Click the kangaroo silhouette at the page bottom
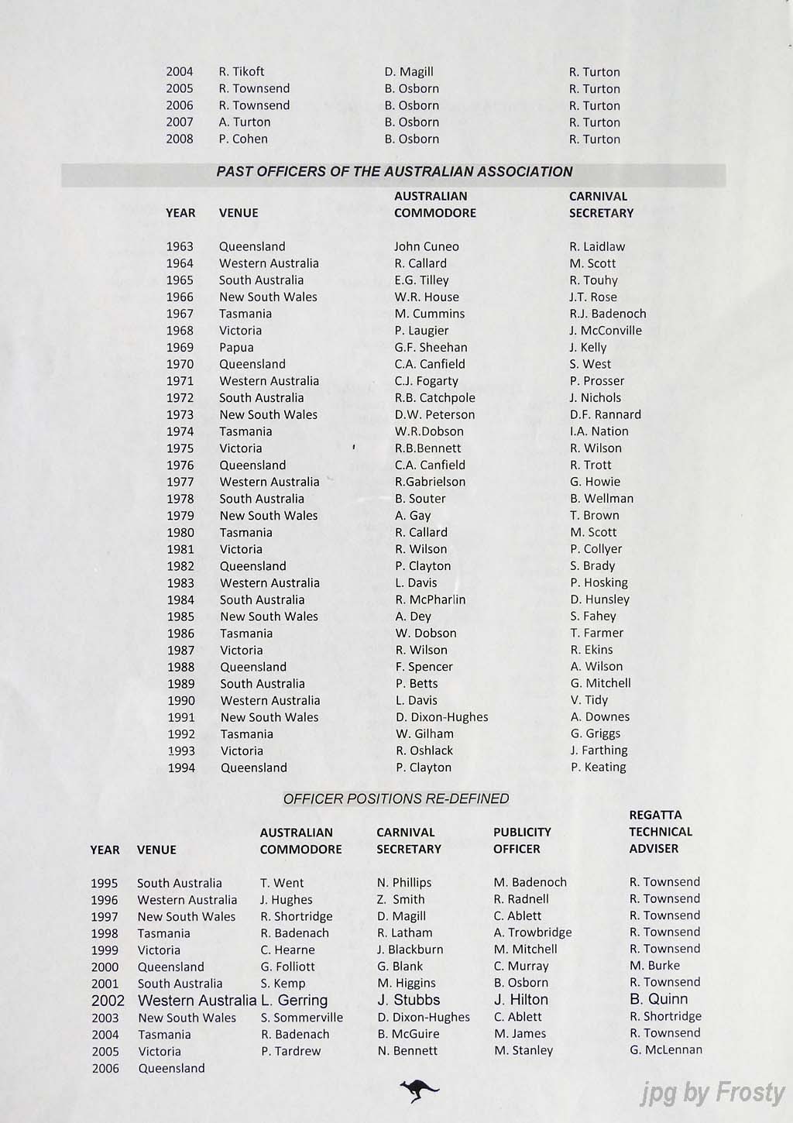click(419, 1090)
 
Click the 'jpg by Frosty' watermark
click(712, 1093)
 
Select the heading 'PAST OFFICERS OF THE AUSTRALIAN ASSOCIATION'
click(394, 172)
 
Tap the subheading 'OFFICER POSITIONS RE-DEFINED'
click(396, 798)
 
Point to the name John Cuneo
click(426, 246)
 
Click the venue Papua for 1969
click(236, 347)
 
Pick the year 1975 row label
click(180, 448)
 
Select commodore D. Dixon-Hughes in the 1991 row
click(441, 717)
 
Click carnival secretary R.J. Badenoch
click(607, 314)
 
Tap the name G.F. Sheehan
click(431, 347)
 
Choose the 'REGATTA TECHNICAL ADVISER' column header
click(661, 832)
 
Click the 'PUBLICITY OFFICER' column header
click(522, 840)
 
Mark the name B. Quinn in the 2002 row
click(658, 999)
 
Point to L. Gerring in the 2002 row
click(294, 1001)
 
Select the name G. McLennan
click(666, 1050)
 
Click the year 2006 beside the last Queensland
click(105, 1069)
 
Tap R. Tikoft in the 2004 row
click(242, 72)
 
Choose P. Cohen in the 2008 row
click(243, 139)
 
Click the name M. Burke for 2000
click(654, 966)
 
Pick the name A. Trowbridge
click(533, 932)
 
